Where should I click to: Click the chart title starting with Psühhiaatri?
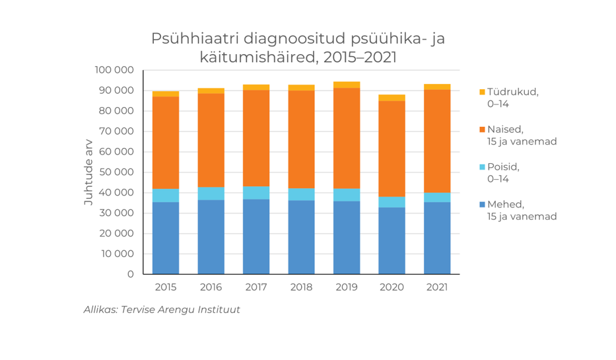298,48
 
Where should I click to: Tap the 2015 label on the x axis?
166,287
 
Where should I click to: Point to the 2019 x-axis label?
347,287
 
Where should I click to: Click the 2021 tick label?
437,287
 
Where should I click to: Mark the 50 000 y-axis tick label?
116,172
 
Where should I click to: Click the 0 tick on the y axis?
130,274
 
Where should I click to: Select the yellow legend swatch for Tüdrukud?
482,92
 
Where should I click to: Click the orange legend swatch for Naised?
482,129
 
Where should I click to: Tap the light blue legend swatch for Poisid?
482,167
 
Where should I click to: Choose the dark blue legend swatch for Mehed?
482,204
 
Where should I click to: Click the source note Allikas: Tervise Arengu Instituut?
162,309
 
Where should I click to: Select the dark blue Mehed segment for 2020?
392,240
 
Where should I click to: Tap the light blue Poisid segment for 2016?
211,194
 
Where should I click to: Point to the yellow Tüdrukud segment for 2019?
347,85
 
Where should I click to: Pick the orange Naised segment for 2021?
437,141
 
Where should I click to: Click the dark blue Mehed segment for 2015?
166,238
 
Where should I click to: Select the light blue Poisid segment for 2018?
301,194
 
